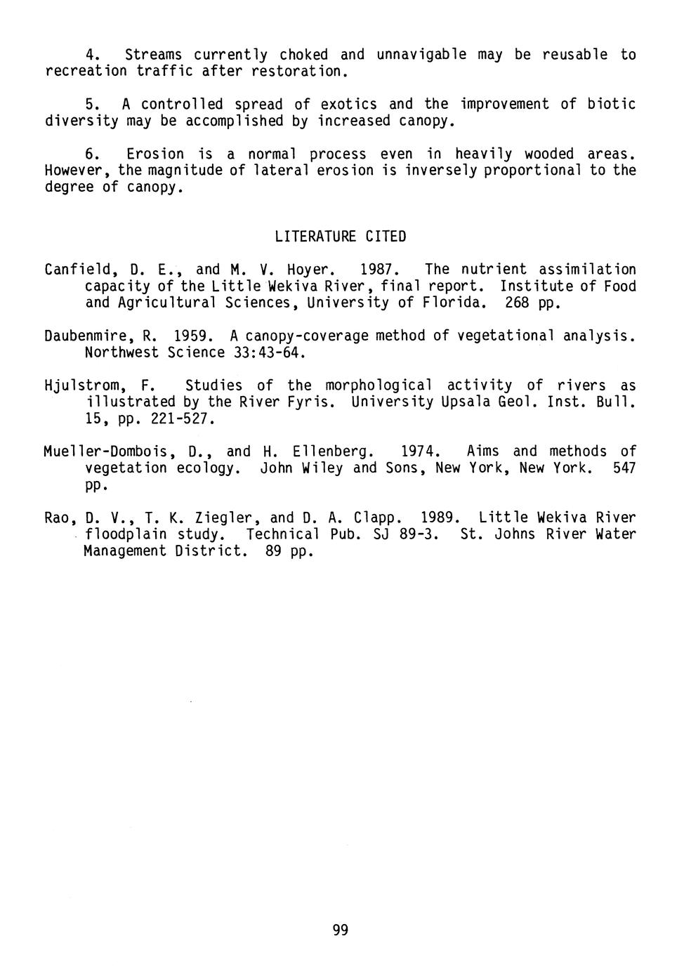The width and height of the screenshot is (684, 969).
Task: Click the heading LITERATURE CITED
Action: (341, 237)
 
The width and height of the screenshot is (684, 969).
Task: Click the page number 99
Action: (340, 930)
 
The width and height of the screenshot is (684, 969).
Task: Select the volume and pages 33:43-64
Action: (268, 352)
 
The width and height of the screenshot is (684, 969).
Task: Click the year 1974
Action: (419, 451)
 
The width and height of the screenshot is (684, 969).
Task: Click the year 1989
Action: (439, 518)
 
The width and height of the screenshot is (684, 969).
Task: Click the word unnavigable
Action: (421, 55)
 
